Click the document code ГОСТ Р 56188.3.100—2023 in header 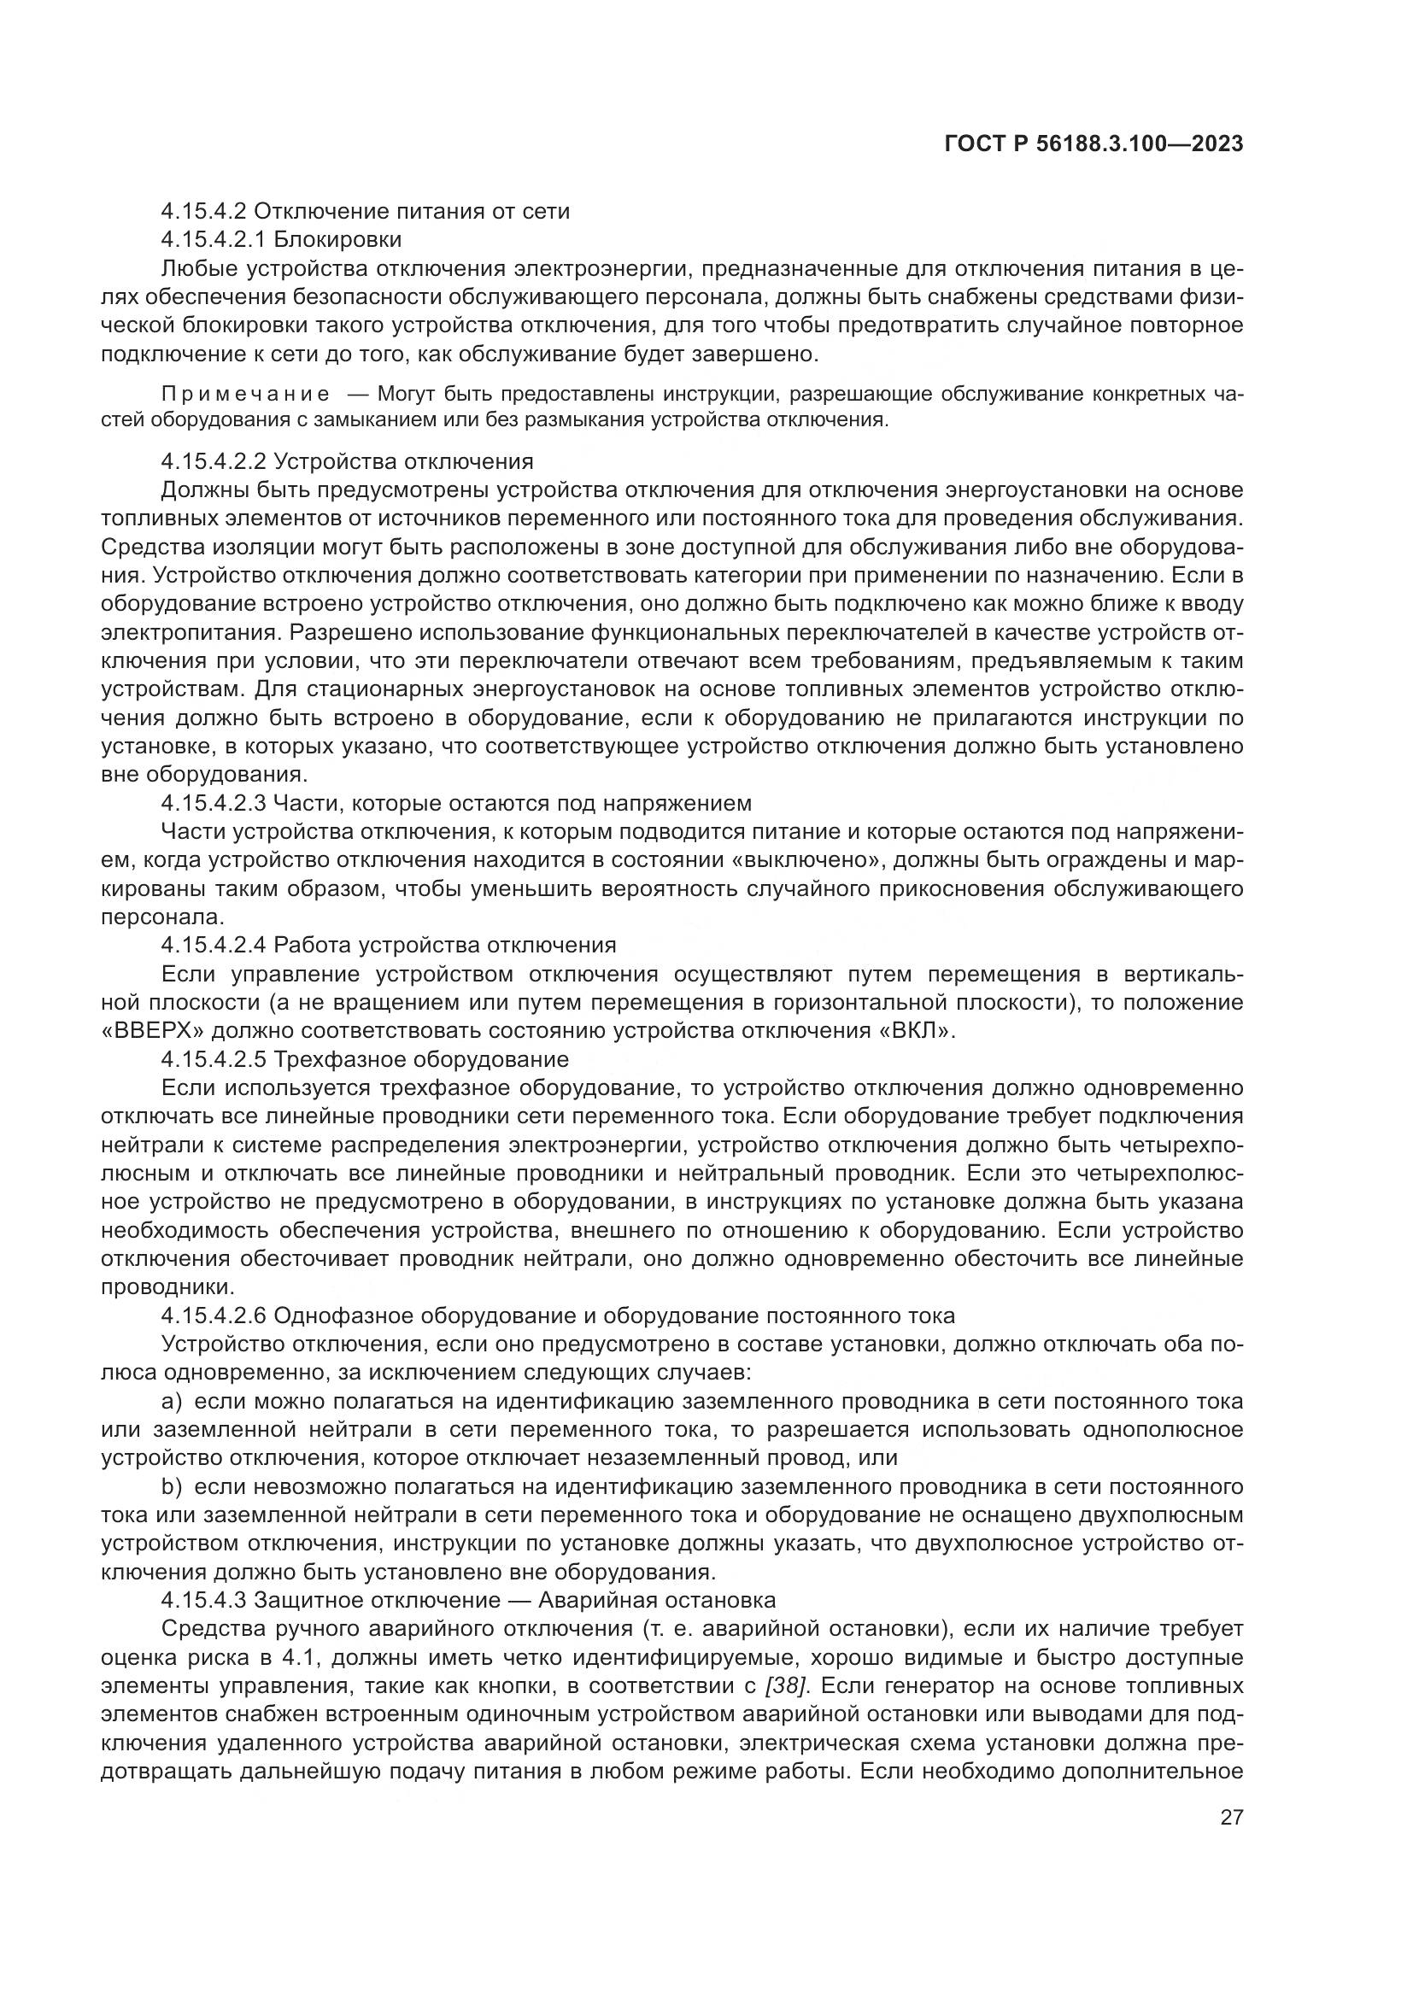click(x=1093, y=144)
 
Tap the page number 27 click(x=1231, y=1817)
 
